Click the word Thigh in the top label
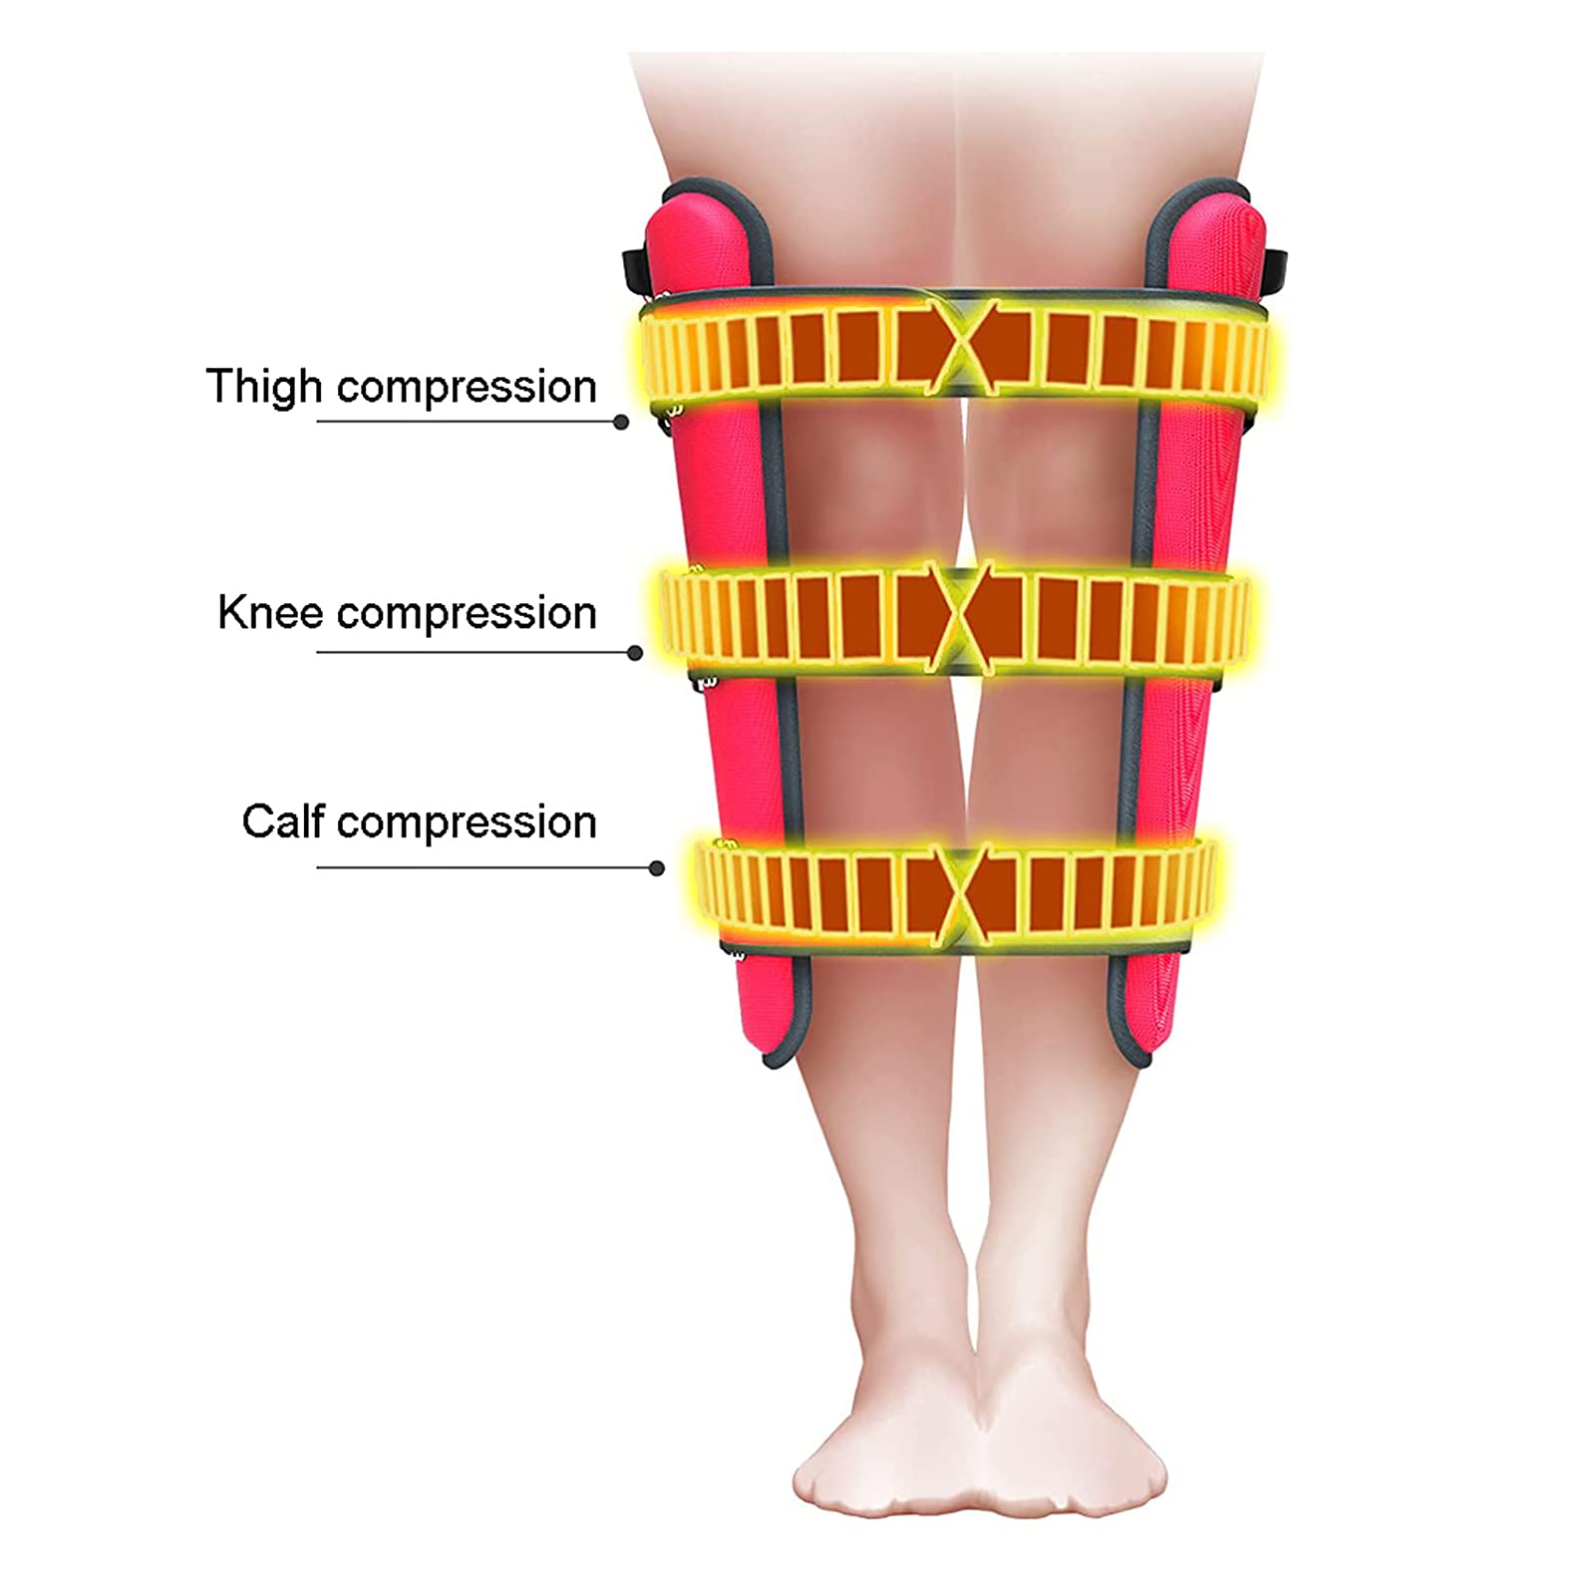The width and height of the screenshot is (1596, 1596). (x=264, y=387)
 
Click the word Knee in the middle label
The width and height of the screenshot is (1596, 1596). (x=270, y=612)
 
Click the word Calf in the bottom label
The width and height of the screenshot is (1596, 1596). (x=283, y=822)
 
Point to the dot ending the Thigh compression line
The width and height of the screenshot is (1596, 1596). (x=621, y=422)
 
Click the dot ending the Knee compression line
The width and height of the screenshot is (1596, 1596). (x=635, y=653)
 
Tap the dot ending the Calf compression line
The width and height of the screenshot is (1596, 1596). (x=656, y=868)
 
